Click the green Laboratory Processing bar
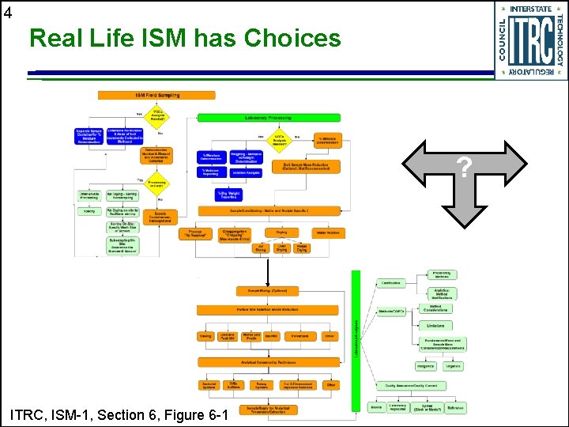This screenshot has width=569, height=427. coord(269,118)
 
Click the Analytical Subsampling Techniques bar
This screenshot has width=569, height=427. coord(269,361)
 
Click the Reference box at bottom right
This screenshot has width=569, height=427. coord(455,408)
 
